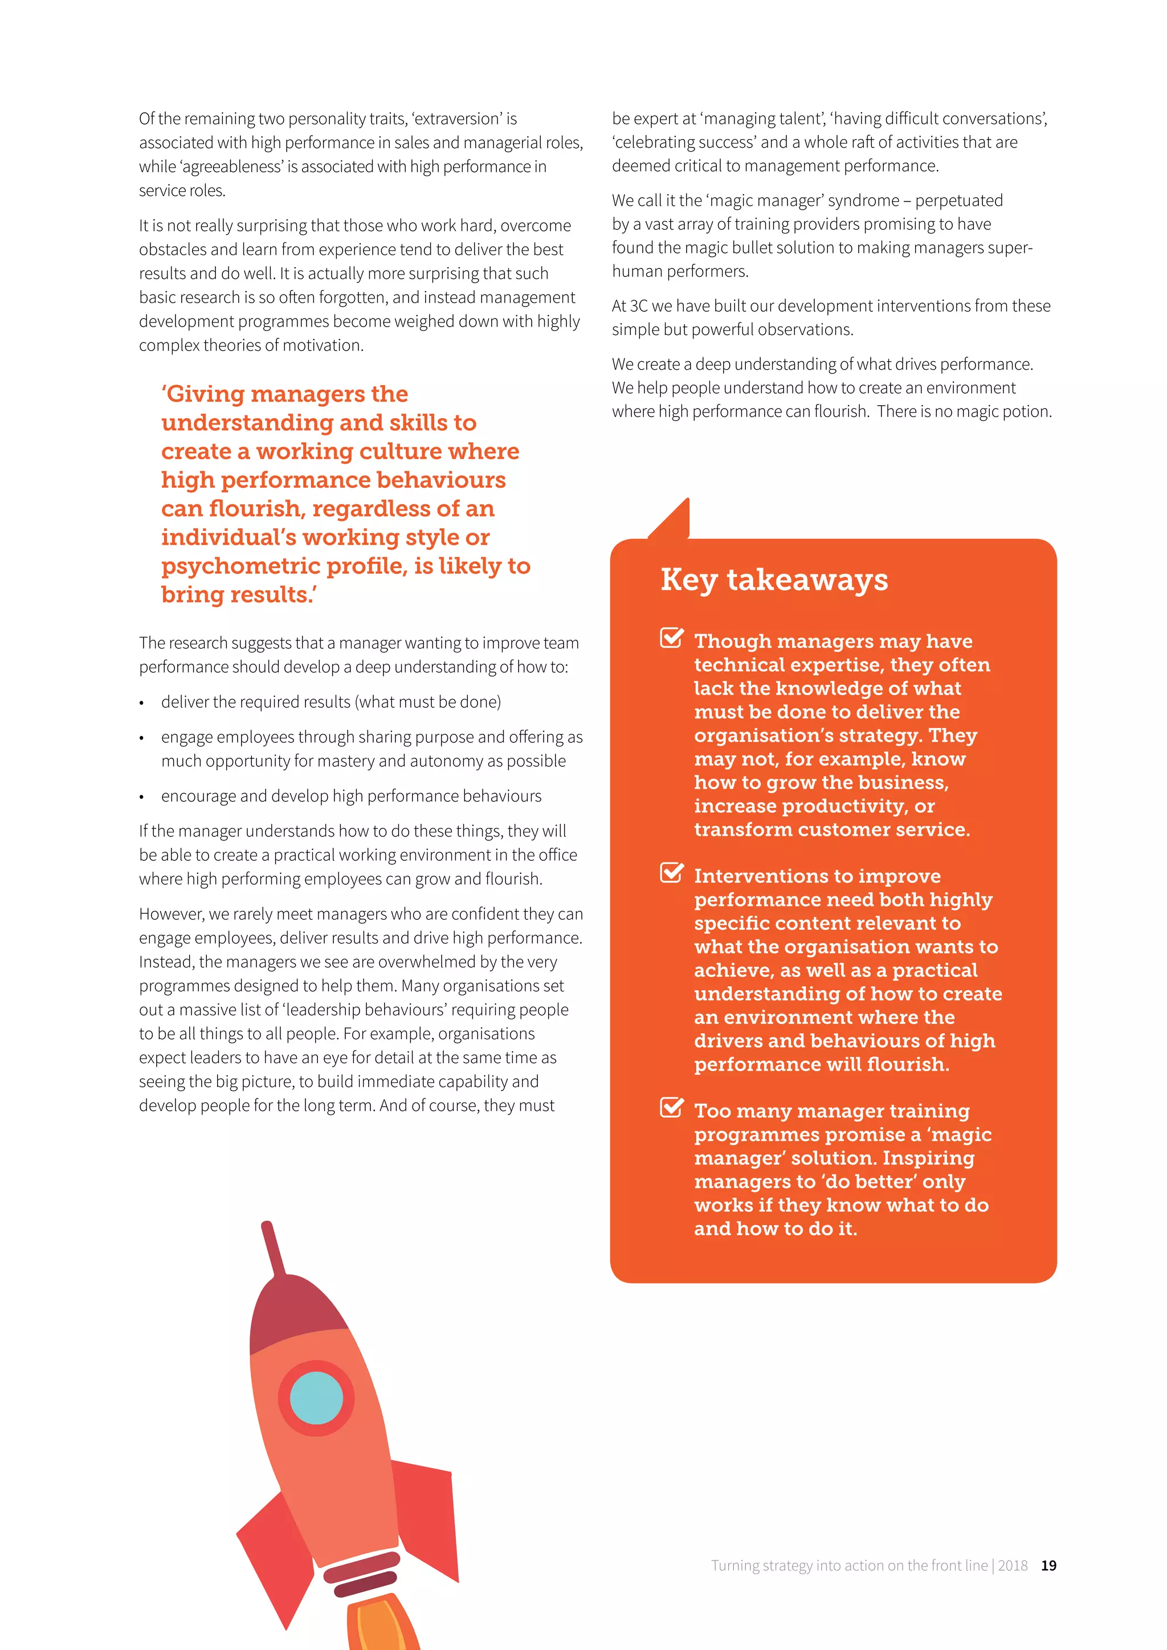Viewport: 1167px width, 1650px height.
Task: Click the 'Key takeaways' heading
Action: click(x=774, y=580)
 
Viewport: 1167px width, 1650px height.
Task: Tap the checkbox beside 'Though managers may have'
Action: click(x=671, y=638)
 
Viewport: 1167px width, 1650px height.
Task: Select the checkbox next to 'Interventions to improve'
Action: click(x=671, y=872)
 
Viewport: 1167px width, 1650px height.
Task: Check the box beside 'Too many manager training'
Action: click(x=671, y=1108)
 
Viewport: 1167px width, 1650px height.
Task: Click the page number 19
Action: click(x=1048, y=1565)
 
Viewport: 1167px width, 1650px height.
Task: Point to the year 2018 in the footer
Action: click(x=1013, y=1565)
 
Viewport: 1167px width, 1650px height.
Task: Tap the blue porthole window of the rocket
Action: click(x=316, y=1398)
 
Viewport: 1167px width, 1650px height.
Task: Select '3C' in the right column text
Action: click(x=638, y=306)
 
